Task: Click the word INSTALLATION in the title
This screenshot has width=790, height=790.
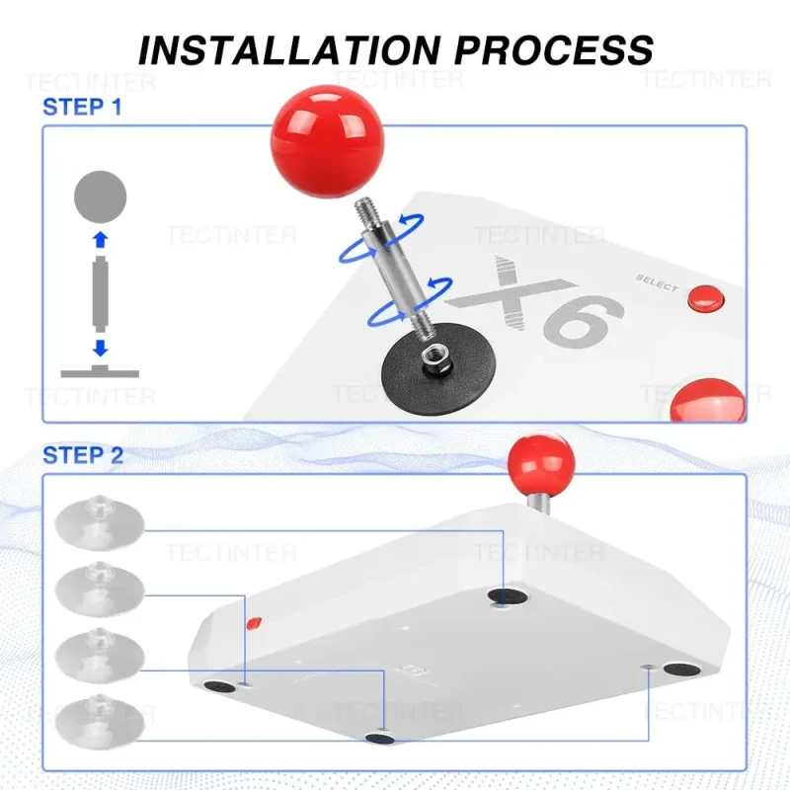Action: coord(289,50)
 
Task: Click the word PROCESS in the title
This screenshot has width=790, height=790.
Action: coord(554,50)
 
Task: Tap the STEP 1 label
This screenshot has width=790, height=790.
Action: coord(82,108)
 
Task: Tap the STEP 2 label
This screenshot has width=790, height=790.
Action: coord(83,455)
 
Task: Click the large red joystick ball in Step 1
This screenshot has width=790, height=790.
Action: coord(328,141)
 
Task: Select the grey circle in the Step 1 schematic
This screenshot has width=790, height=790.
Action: coord(101,197)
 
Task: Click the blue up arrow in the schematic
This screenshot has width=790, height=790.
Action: coord(101,240)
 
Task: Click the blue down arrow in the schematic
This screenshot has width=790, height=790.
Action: coord(101,348)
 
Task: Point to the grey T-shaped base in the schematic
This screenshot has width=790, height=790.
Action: coord(100,372)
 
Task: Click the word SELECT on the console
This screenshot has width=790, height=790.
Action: coord(657,283)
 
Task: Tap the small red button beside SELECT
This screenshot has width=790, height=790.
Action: coord(706,298)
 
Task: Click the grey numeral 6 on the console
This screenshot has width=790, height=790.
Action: coord(585,320)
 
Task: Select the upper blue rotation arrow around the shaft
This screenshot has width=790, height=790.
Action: coord(381,238)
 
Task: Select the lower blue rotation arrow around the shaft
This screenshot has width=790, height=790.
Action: coord(410,301)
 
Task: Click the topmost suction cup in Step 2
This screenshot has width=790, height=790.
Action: coord(100,521)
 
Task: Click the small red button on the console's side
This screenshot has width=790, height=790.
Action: coord(254,623)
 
